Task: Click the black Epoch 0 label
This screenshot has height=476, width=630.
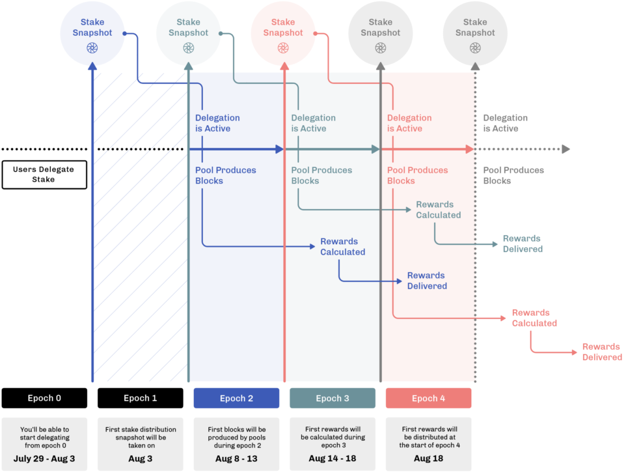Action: click(44, 398)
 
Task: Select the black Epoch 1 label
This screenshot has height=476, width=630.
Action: click(141, 398)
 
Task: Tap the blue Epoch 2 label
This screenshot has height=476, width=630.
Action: click(236, 398)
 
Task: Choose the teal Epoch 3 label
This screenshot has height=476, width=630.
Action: click(333, 398)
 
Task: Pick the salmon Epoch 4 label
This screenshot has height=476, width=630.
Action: click(428, 398)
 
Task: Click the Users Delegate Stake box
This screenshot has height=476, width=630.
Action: click(44, 175)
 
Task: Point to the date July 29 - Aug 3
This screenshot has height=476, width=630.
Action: click(44, 458)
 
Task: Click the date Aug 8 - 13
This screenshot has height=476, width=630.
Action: click(236, 458)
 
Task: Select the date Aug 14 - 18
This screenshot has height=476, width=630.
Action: click(333, 458)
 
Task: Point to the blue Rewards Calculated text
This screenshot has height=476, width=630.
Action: click(342, 247)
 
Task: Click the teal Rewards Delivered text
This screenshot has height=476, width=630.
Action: click(523, 244)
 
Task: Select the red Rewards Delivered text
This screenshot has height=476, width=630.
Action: click(602, 352)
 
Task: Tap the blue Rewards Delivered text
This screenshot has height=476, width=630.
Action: click(427, 281)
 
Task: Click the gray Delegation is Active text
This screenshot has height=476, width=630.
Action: click(505, 123)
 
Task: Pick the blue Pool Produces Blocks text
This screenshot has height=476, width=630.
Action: click(225, 175)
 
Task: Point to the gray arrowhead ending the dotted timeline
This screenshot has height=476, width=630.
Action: click(566, 149)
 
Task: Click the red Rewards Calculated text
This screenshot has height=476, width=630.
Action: click(534, 318)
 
